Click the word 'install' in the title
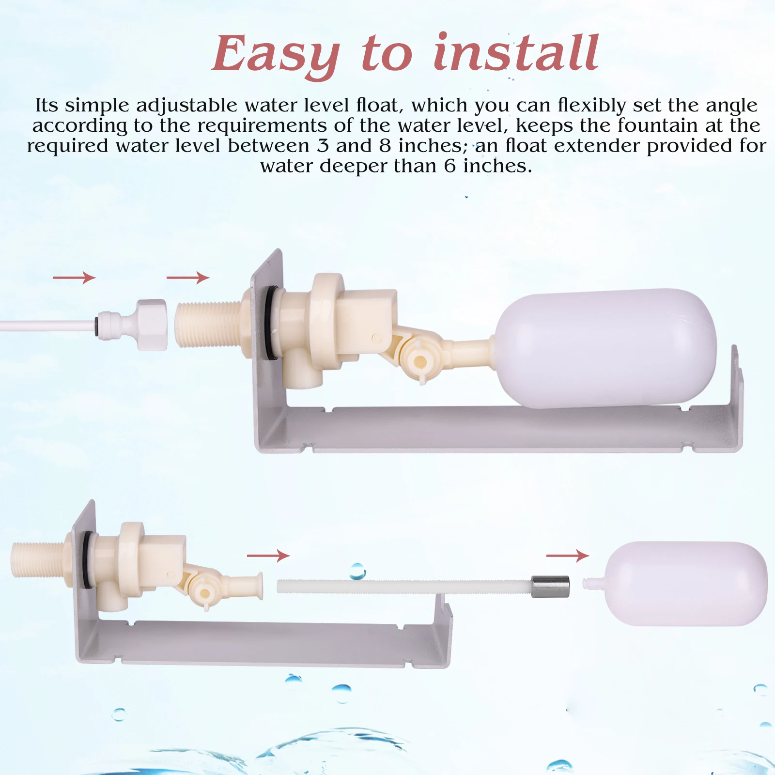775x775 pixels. coord(516,53)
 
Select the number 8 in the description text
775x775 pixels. coord(385,146)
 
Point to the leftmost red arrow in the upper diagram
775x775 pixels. coord(74,278)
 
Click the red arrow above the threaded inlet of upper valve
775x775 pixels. coord(188,278)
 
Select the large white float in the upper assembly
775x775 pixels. coord(605,349)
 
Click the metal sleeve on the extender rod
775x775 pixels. coord(550,586)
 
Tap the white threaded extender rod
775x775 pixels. coord(402,587)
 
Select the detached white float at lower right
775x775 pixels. coord(685,584)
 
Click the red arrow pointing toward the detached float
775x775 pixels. coord(568,556)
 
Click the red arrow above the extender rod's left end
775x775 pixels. coord(268,556)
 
